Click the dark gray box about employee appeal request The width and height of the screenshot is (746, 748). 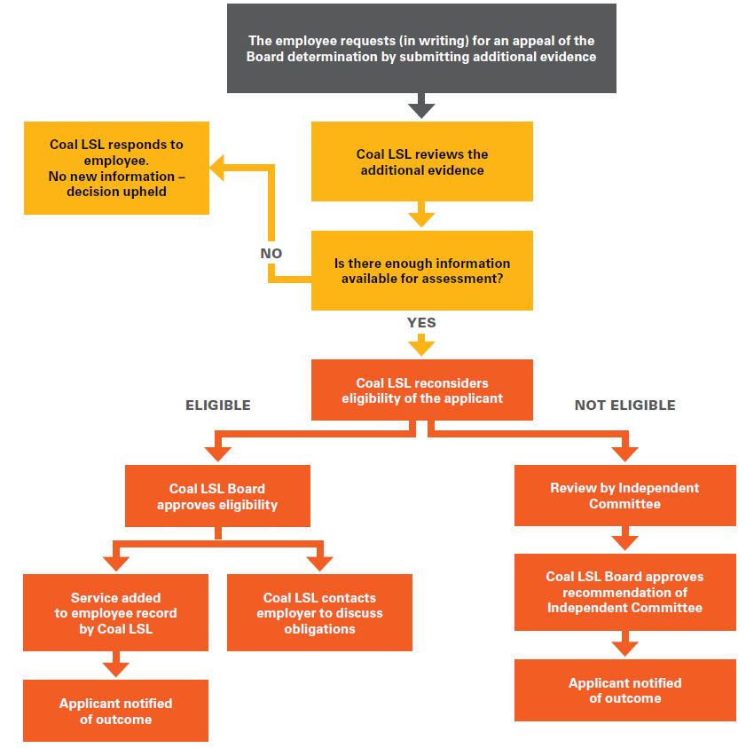pos(421,49)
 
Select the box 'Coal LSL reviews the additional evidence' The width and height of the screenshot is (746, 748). pos(421,161)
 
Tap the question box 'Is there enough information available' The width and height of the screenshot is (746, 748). pos(421,271)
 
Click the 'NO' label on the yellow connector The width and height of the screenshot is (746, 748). pos(271,253)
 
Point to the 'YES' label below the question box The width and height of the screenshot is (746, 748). pos(421,322)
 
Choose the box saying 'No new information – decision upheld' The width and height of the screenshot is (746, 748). pos(116,168)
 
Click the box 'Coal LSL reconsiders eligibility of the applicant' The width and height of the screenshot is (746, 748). pos(421,390)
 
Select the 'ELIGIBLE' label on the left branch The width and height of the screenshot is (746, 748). pos(217,405)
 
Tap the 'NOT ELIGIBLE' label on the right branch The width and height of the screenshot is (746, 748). pos(624,405)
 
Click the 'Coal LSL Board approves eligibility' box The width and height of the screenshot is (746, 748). pos(217,497)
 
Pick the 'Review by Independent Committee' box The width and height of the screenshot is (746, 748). pos(624,495)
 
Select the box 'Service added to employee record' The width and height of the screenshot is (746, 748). pos(116,613)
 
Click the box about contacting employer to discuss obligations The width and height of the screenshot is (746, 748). pos(319,613)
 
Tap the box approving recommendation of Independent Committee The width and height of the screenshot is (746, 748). pos(624,592)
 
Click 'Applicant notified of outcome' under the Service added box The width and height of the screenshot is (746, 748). pos(116,711)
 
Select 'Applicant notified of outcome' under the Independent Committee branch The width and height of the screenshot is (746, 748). pos(624,690)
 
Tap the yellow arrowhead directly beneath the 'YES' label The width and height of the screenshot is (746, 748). pos(421,345)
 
